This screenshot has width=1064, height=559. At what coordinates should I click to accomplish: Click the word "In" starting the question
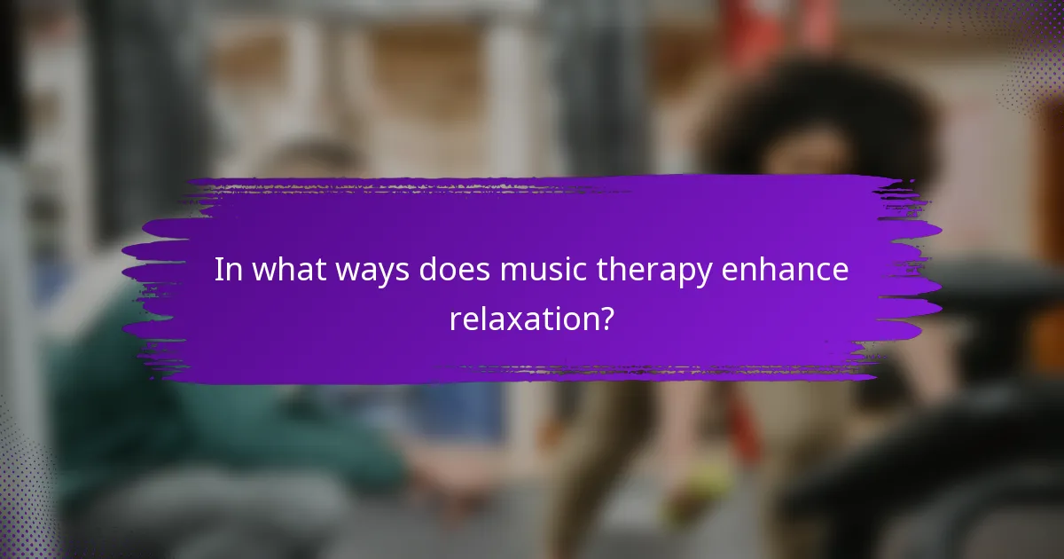click(x=227, y=271)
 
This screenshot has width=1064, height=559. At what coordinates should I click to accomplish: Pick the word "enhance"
click(x=787, y=271)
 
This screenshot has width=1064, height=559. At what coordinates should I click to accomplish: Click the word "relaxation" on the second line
click(x=520, y=319)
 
